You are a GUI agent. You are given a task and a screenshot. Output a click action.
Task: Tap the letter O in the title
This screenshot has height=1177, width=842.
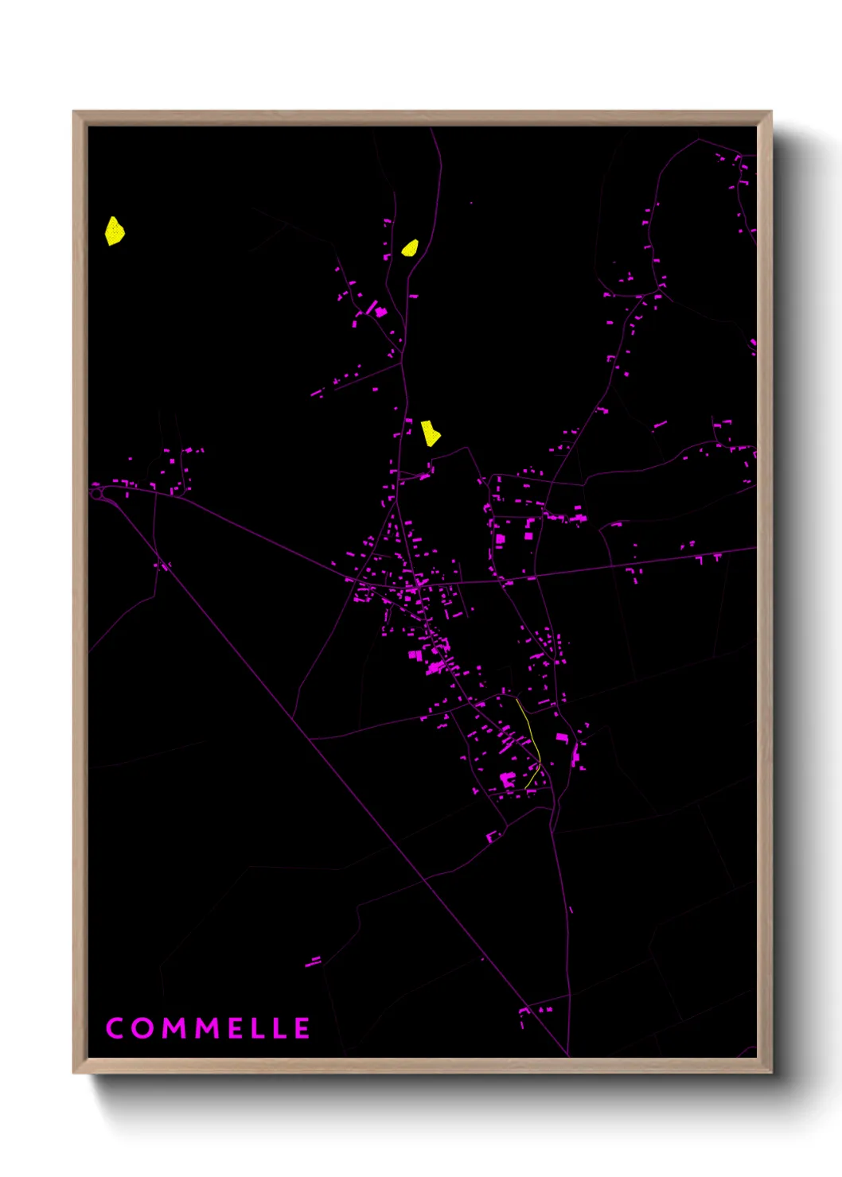tap(143, 1027)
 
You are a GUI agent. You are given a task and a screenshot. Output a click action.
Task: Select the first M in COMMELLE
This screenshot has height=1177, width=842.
tap(175, 1027)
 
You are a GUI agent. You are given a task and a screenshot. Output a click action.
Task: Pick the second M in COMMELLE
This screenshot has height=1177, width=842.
tap(209, 1027)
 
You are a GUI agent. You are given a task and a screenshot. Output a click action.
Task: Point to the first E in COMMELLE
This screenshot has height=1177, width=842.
tap(236, 1027)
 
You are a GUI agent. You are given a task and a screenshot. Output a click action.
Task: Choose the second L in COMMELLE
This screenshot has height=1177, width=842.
tap(280, 1027)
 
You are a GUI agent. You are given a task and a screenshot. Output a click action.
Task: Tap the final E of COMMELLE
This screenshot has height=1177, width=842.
tap(302, 1027)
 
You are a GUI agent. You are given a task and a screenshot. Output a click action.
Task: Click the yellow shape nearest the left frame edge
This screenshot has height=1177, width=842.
tap(115, 231)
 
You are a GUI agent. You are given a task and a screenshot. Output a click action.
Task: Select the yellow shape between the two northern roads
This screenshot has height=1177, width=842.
tap(410, 248)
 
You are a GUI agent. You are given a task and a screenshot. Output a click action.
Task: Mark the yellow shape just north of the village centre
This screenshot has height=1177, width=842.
tap(430, 433)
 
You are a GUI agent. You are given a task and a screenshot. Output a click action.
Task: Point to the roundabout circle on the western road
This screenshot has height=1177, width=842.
tap(97, 494)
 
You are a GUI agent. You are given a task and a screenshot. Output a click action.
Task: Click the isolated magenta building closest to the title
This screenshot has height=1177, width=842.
tap(314, 962)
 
